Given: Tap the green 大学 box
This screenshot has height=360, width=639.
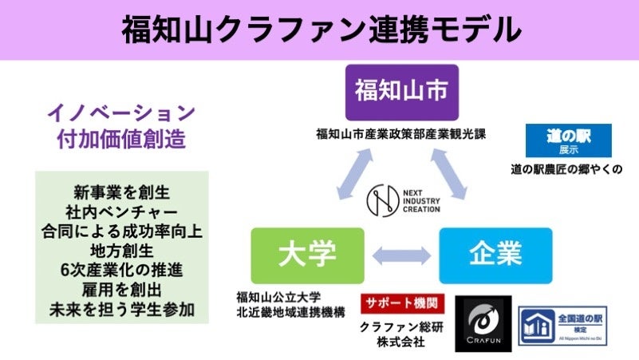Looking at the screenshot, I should (x=306, y=255).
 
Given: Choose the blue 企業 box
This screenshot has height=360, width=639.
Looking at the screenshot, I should (x=495, y=255).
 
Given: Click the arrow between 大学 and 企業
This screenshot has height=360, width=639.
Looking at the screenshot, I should (x=401, y=256).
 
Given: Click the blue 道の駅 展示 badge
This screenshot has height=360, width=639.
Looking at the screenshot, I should (x=569, y=140).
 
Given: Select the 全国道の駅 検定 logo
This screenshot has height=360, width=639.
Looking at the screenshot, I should (x=562, y=325).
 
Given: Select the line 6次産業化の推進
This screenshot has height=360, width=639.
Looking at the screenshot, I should (x=121, y=268).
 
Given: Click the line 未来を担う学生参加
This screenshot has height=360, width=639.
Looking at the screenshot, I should (x=121, y=307).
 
